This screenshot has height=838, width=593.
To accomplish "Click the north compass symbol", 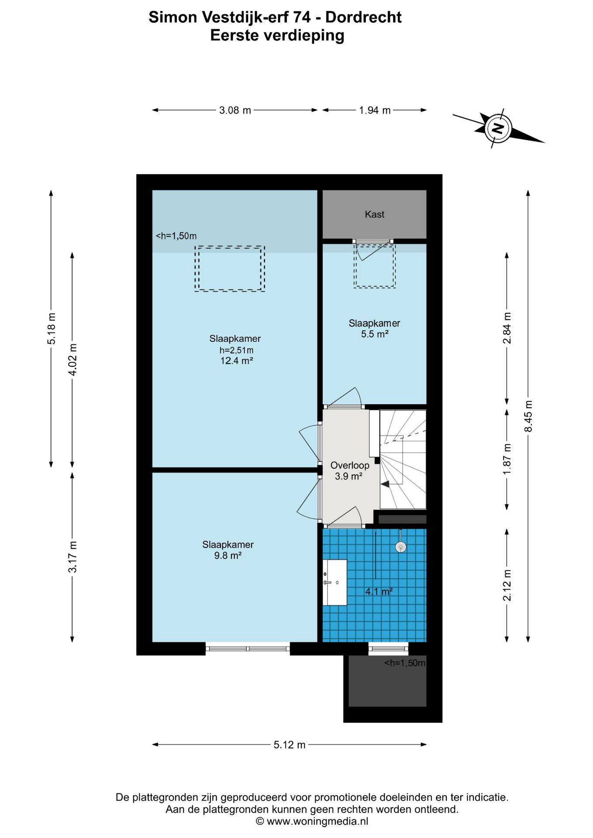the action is [497, 128].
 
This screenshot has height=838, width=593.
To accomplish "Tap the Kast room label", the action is [375, 214].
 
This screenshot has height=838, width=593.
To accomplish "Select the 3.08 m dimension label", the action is [235, 110].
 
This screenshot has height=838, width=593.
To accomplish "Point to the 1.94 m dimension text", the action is [375, 110].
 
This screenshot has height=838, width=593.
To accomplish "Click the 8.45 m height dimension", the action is [528, 416].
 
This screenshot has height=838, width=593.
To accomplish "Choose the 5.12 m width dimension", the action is [290, 745].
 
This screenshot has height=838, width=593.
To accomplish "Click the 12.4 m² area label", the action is [237, 361].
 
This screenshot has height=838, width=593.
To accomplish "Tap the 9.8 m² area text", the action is [228, 555].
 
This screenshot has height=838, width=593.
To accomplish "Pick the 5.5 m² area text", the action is [375, 334].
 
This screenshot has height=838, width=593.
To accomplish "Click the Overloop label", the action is [350, 465].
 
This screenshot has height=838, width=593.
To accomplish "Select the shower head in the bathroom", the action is [400, 547].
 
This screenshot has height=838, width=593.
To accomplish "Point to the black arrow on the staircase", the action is [386, 484].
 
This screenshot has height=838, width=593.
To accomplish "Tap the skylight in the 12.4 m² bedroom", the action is [230, 268].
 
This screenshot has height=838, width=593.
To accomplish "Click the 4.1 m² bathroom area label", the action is [379, 591].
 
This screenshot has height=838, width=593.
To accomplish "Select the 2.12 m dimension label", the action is [507, 585].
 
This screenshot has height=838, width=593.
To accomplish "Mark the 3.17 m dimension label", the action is [72, 557].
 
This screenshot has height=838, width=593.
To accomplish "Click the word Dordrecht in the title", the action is [363, 17].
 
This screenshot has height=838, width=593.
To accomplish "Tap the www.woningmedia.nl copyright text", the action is [312, 821].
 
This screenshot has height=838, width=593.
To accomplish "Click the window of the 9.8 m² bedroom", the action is [248, 649].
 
